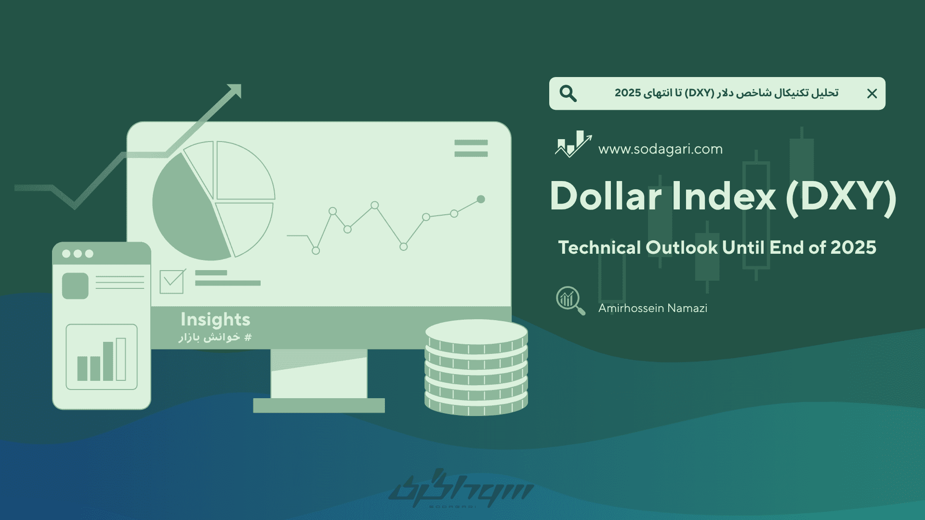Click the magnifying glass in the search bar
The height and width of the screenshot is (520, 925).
tap(568, 93)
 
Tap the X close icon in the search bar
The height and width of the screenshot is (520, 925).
tap(872, 93)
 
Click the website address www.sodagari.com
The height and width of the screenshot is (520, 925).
tap(661, 149)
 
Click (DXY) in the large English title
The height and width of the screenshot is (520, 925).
tap(841, 197)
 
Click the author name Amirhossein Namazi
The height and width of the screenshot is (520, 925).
tap(653, 308)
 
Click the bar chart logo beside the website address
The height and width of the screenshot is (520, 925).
tap(573, 144)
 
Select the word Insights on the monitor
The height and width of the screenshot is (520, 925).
tap(215, 320)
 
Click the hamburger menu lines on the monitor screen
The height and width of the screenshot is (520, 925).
tap(471, 148)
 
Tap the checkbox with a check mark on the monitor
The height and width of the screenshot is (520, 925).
tap(172, 282)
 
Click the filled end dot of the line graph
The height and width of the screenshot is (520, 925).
tap(481, 199)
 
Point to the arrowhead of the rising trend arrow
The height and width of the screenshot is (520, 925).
tap(235, 90)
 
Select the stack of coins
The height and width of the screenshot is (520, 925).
tap(476, 367)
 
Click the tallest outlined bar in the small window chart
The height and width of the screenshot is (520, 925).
tap(121, 359)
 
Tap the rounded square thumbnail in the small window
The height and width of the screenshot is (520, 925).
tap(75, 286)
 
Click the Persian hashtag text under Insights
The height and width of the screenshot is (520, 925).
tap(215, 337)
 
